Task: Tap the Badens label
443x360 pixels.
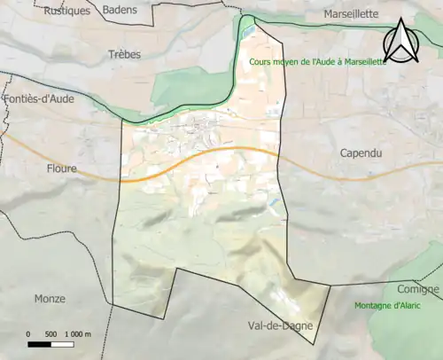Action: (x=120, y=10)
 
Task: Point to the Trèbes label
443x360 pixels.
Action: (x=124, y=54)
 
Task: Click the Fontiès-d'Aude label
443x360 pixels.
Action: (x=39, y=100)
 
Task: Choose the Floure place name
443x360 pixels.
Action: (x=62, y=168)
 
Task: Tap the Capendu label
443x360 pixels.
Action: (x=361, y=153)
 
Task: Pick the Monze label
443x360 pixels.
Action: (x=50, y=298)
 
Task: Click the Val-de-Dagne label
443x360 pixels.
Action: (x=281, y=326)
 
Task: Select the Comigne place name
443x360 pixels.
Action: (x=418, y=290)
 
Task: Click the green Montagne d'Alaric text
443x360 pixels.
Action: (x=387, y=306)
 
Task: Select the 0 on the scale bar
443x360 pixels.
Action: (x=28, y=334)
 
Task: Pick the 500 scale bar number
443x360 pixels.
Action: (x=51, y=334)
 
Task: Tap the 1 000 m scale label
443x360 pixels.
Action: (x=79, y=334)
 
